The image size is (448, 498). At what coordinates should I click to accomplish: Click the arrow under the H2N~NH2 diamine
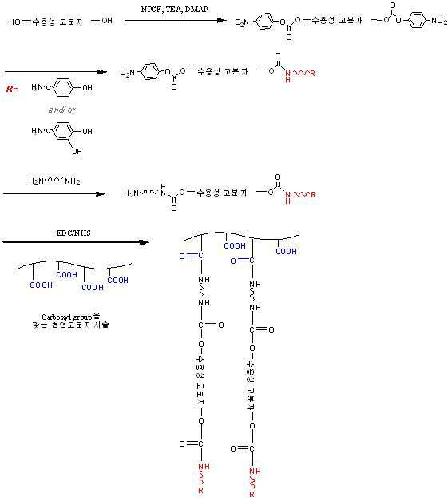(55, 193)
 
